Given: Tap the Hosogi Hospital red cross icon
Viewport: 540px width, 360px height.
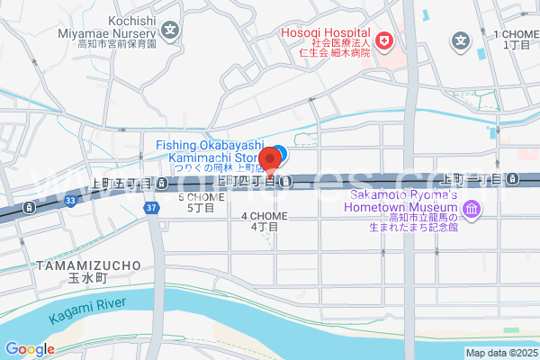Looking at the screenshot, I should point(384,40).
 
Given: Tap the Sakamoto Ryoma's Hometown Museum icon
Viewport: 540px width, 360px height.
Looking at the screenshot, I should point(472,210).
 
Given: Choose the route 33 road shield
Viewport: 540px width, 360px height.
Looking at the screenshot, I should point(69,202).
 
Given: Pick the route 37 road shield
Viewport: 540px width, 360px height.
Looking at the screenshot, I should point(151,208).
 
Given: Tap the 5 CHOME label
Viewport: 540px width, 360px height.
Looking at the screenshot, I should point(200,202).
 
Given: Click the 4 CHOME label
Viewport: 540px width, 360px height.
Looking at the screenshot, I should point(263,221).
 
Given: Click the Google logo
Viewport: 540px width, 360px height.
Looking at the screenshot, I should point(30,349).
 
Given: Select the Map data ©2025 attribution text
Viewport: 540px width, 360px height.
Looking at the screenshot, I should point(500,353).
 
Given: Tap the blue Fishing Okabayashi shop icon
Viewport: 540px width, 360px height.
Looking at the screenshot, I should point(280,152).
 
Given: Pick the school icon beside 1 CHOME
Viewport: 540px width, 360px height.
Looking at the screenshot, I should point(461,40).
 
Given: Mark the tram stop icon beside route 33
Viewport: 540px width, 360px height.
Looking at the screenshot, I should point(31,208).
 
